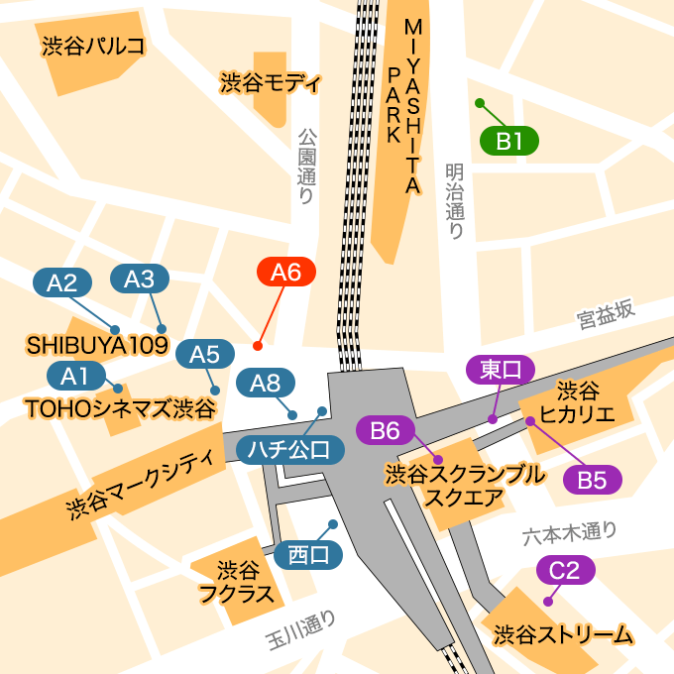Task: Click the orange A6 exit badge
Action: (x=285, y=272)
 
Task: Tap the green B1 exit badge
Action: (x=509, y=142)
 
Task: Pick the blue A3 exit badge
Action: (x=140, y=280)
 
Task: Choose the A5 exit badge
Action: (x=204, y=353)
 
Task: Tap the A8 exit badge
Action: (x=266, y=383)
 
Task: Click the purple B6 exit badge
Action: (x=385, y=430)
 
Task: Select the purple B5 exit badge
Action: (x=592, y=480)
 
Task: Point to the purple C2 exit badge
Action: (x=565, y=570)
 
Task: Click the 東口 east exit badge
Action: (x=501, y=370)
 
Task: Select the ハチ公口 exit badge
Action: (x=290, y=450)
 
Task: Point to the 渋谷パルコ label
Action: (x=93, y=46)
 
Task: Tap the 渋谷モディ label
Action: (x=270, y=82)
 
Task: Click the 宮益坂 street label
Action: (x=605, y=315)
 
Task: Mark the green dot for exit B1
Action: (x=480, y=103)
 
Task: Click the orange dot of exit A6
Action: (x=258, y=346)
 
